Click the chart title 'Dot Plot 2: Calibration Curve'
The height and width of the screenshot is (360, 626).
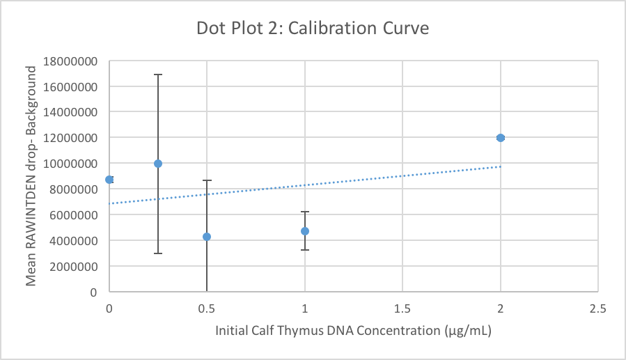pos(312,29)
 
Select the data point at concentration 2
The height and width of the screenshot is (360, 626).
pos(500,138)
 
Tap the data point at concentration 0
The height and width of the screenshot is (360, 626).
pos(109,180)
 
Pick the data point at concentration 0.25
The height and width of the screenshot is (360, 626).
pos(158,164)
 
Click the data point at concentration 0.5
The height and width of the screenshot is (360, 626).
pos(207,237)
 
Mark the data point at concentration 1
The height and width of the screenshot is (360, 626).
pos(305,231)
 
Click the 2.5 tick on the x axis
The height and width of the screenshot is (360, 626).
pos(597,307)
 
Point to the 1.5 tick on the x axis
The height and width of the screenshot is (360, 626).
pos(402,307)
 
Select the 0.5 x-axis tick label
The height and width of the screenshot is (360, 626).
pos(207,307)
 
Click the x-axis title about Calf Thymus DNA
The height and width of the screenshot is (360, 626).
pos(354,331)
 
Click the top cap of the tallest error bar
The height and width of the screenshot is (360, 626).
pos(158,75)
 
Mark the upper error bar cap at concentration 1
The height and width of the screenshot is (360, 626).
pos(305,212)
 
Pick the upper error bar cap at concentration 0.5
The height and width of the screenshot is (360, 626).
pos(207,181)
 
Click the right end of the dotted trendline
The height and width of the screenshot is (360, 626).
pos(499,166)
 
